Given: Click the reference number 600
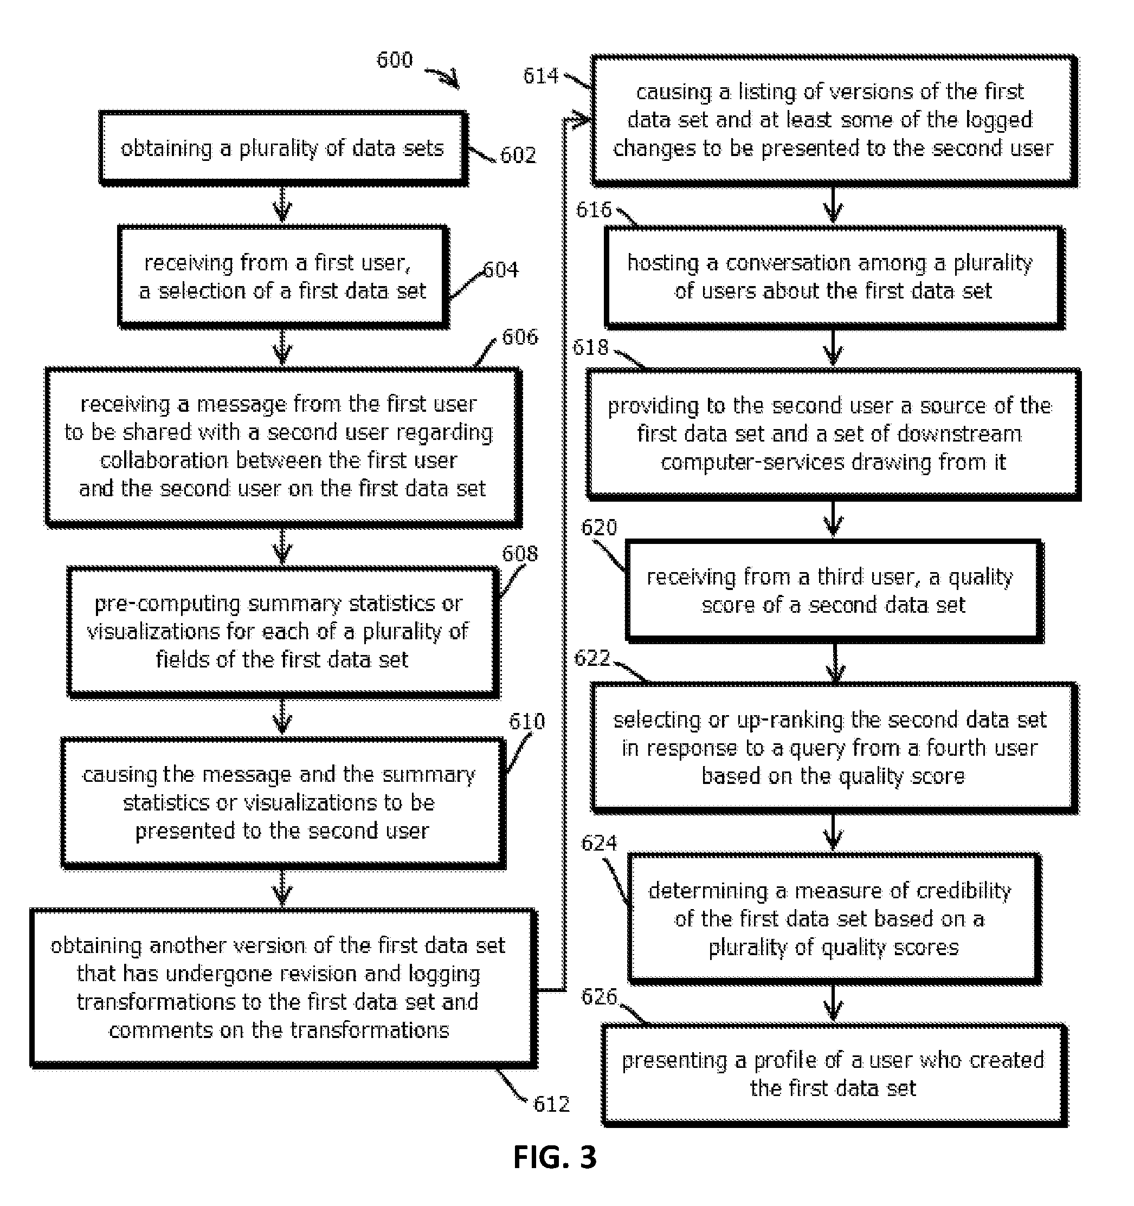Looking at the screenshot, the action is point(395,60).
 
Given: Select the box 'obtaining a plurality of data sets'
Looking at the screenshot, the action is point(283,148).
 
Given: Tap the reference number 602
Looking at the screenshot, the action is point(518,155).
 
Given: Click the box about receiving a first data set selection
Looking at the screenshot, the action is point(283,277).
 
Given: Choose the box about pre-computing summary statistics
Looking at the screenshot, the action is point(283,632).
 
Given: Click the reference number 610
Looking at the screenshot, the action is point(527,721).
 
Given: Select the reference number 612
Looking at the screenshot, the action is point(551,1105).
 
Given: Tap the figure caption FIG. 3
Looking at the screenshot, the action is point(555,1157).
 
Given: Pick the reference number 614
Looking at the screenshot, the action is point(541,76).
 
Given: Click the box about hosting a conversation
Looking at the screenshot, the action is point(834,278).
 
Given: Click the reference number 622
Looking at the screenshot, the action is point(592,658).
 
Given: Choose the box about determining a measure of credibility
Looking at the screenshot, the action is point(834,918).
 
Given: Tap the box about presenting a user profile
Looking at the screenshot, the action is point(834,1074).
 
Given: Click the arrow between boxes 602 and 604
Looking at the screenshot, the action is point(282,205).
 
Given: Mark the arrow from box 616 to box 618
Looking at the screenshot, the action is point(833,348).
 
